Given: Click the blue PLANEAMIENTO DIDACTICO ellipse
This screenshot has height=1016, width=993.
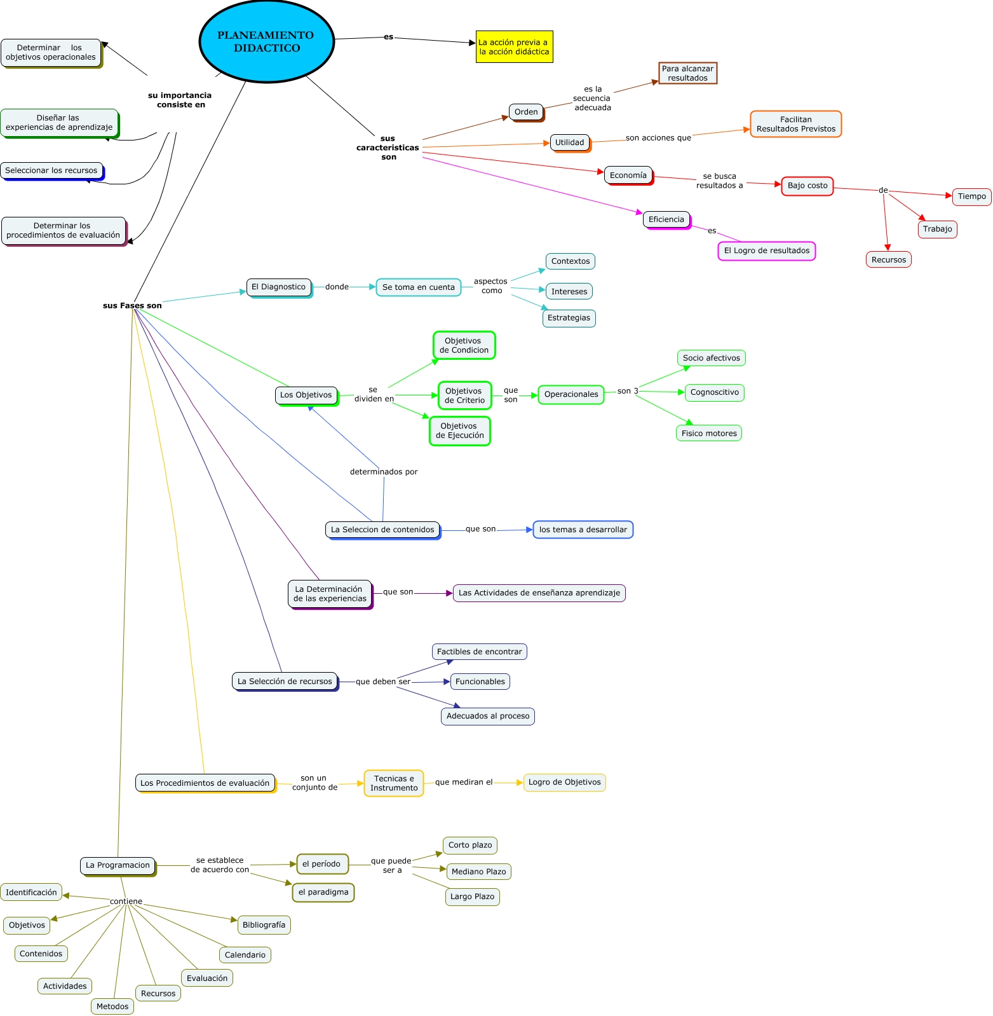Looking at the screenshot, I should tap(267, 42).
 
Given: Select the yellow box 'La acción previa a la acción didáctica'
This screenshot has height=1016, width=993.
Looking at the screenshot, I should tap(514, 47).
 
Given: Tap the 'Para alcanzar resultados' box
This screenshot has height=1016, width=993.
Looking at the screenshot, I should tap(687, 73).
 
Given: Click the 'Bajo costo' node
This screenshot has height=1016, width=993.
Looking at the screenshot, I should tap(807, 186).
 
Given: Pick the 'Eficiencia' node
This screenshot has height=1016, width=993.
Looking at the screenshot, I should tap(666, 219).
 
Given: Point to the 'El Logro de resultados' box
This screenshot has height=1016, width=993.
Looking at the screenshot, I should tap(766, 251).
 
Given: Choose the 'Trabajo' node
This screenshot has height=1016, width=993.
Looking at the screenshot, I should tap(937, 229).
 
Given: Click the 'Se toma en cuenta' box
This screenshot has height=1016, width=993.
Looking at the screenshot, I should tap(418, 287).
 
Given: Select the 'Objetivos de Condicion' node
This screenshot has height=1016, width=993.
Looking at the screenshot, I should tap(464, 345).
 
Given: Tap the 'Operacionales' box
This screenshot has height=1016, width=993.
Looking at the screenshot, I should tap(571, 394).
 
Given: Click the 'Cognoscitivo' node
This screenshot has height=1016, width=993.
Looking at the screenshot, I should tap(714, 392).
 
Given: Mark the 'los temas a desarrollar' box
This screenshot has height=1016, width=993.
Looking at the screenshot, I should tap(583, 530).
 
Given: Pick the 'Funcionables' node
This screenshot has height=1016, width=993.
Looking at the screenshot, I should tap(480, 682).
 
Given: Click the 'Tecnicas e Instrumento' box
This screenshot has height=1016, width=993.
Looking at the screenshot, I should tap(394, 783).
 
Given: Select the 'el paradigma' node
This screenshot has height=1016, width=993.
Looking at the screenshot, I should tap(323, 892).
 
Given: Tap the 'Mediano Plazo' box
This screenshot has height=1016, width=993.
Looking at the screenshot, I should tap(478, 872).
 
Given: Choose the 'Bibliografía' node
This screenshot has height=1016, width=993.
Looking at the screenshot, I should tap(264, 925).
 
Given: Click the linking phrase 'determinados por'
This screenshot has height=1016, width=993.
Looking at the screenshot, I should tap(384, 472).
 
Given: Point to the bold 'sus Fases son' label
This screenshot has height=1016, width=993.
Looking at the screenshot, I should tap(132, 306).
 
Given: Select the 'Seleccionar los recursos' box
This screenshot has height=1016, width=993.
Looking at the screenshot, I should tap(51, 170).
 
